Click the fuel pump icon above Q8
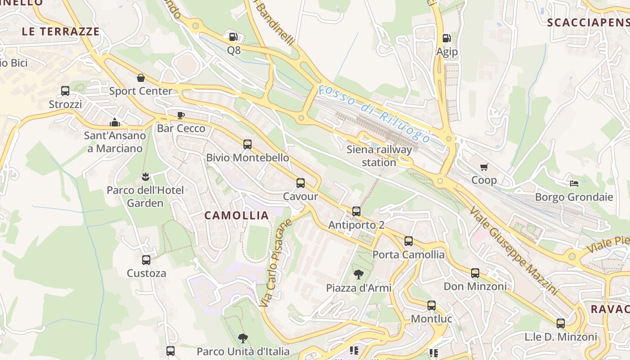pyautogui.click(x=233, y=37)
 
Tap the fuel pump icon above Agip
pyautogui.click(x=446, y=38)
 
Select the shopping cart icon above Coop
pyautogui.click(x=484, y=167)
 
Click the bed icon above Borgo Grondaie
pyautogui.click(x=574, y=183)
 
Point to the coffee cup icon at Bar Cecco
pyautogui.click(x=181, y=115)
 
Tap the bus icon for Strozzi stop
pyautogui.click(x=65, y=91)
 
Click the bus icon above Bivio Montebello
pyautogui.click(x=247, y=144)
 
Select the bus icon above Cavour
pyautogui.click(x=301, y=183)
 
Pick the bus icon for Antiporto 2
pyautogui.click(x=356, y=211)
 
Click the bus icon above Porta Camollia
pyautogui.click(x=409, y=241)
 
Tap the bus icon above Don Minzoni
pyautogui.click(x=475, y=273)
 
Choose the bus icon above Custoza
pyautogui.click(x=146, y=260)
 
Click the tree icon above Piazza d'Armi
pyautogui.click(x=359, y=274)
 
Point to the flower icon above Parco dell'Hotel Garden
pyautogui.click(x=145, y=176)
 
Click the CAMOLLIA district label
pyautogui.click(x=237, y=216)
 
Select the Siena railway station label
pyautogui.click(x=379, y=156)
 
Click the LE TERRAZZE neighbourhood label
pyautogui.click(x=61, y=31)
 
